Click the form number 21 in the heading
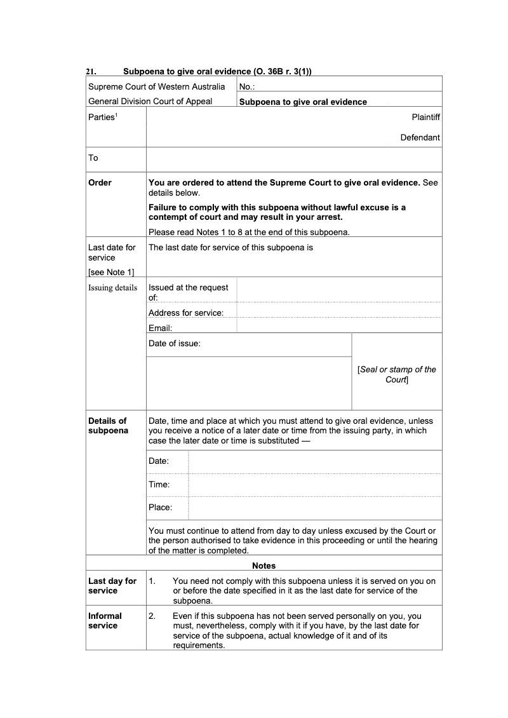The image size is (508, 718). [90, 72]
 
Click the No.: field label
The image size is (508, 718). [247, 86]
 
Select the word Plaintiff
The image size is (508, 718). [425, 117]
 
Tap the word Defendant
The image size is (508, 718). [420, 137]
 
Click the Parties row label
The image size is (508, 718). [102, 117]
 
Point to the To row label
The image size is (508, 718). [93, 158]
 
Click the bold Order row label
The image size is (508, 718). [100, 182]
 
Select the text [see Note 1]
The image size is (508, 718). [111, 272]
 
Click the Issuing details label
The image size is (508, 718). [112, 287]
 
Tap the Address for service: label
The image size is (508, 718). [186, 313]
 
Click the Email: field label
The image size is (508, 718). [161, 328]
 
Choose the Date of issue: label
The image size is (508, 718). [175, 344]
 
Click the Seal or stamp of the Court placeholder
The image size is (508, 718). [397, 374]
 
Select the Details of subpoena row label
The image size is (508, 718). [108, 426]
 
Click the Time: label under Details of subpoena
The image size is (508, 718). [159, 484]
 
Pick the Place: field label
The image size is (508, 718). [160, 507]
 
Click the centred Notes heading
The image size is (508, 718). [264, 566]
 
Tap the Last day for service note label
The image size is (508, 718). [112, 586]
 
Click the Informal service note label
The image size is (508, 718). [105, 621]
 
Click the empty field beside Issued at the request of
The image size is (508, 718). [339, 290]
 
